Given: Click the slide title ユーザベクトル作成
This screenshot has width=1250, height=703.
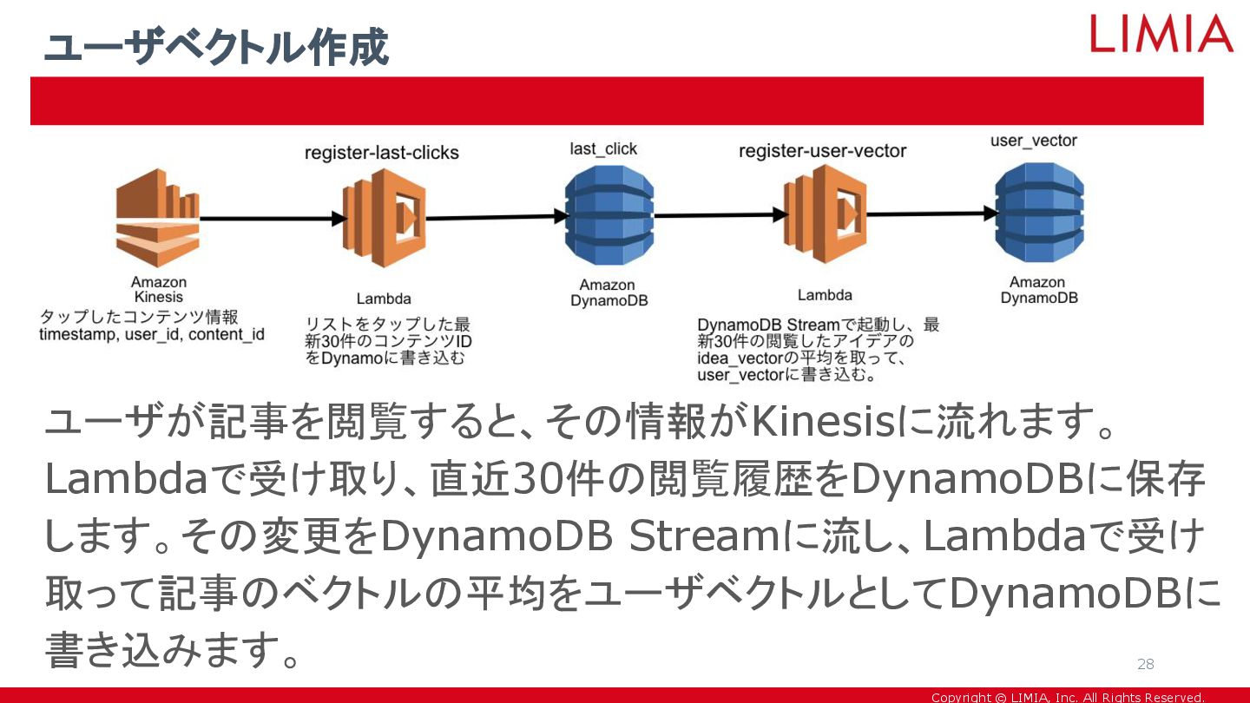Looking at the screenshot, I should point(216,48).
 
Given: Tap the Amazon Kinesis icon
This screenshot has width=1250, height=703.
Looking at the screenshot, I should point(157,217).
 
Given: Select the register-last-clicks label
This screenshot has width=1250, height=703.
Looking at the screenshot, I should point(382,153).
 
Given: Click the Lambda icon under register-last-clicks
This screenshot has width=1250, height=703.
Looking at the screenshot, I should point(383,218).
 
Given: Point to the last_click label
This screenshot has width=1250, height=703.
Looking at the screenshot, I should point(603,149).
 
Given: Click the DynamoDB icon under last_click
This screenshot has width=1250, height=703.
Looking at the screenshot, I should point(609,215).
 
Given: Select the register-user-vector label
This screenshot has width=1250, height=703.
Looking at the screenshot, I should point(822,151).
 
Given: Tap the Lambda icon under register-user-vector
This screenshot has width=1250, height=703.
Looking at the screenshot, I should point(824,214).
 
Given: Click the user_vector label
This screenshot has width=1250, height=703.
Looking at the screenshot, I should point(1034,141).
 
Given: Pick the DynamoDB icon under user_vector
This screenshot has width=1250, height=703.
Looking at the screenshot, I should point(1039,213).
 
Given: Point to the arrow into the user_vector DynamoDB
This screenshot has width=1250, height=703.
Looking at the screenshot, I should point(929,214).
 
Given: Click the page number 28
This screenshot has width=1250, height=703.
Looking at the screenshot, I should point(1146,664).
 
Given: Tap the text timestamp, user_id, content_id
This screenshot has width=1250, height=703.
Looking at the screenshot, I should point(152,334).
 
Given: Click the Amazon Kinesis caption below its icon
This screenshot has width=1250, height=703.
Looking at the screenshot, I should point(159,289).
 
